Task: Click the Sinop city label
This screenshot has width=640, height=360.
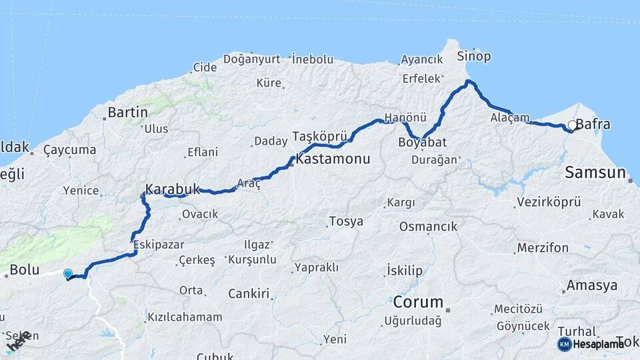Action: click(x=475, y=57)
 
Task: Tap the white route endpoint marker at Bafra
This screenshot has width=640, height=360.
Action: click(x=571, y=125)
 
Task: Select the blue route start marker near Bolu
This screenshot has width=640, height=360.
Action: click(x=67, y=273)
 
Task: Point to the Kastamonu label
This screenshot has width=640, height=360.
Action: click(x=333, y=161)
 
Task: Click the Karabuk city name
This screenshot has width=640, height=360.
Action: click(x=173, y=189)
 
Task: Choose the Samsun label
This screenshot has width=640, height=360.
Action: click(x=595, y=173)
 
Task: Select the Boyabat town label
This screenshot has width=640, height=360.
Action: click(x=422, y=143)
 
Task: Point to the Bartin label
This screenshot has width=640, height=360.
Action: click(x=127, y=112)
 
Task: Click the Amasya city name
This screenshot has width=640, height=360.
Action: click(x=592, y=286)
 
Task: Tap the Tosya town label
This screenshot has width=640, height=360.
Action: click(x=346, y=221)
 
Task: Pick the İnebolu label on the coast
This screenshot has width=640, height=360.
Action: click(x=313, y=59)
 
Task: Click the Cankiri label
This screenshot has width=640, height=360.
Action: click(x=248, y=293)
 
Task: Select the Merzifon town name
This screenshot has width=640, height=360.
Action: click(x=542, y=248)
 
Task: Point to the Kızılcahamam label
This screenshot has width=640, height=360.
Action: click(x=185, y=317)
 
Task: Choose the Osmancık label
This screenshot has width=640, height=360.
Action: click(x=428, y=227)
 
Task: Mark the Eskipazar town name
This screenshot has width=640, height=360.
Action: click(x=159, y=245)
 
